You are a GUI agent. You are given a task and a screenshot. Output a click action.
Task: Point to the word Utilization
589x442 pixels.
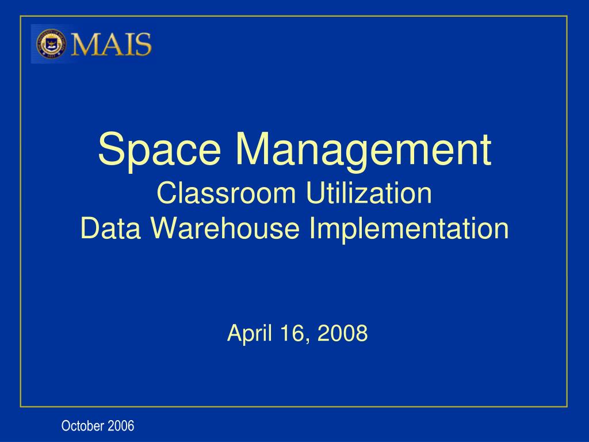point(369,193)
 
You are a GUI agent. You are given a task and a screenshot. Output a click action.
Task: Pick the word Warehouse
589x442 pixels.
point(225,228)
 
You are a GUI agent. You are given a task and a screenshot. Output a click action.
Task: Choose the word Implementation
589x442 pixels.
point(409,228)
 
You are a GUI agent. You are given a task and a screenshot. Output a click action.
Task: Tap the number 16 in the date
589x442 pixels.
point(294,333)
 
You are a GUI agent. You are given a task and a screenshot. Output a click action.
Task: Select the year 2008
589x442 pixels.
point(343,333)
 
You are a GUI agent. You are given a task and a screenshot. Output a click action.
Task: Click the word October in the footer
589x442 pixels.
point(83,426)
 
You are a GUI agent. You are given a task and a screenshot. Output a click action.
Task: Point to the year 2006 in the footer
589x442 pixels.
point(121,426)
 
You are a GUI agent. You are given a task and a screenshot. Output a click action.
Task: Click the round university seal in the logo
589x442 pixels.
point(51,44)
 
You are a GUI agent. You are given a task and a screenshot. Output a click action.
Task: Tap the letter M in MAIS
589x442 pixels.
point(85,44)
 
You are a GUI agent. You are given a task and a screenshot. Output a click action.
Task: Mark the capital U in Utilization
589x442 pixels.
point(315,193)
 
